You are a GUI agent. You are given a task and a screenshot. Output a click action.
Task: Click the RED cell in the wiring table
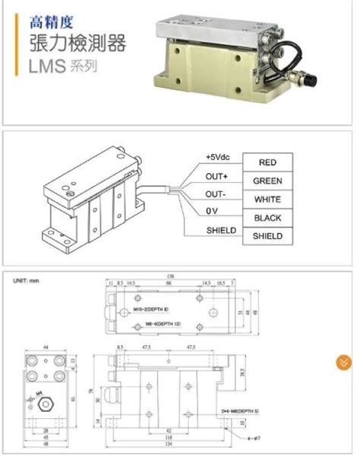point(267,162)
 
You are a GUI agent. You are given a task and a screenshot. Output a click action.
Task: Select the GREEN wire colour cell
point(267,181)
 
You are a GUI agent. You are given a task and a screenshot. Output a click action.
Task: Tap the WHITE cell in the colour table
point(267,200)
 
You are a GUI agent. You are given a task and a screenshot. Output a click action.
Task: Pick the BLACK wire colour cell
point(267,218)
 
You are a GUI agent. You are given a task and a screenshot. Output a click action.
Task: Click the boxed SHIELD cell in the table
point(267,236)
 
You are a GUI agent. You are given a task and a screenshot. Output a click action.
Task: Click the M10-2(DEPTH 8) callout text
point(150,310)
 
